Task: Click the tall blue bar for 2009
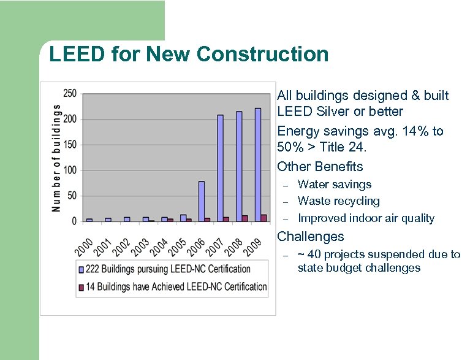coord(258,164)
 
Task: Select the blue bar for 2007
coord(220,167)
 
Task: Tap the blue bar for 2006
coord(201,201)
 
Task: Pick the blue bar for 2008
coord(239,166)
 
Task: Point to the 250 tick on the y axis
coord(70,93)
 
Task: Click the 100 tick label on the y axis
coord(70,170)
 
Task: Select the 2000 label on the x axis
coord(84,247)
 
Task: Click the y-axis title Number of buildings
coord(56,158)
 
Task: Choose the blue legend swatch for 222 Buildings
coord(81,269)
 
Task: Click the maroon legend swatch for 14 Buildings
coord(81,286)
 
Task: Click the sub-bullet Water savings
coord(335,185)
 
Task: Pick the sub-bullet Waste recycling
coord(339,201)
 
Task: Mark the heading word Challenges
coord(311,237)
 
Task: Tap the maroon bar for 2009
coord(263,218)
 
